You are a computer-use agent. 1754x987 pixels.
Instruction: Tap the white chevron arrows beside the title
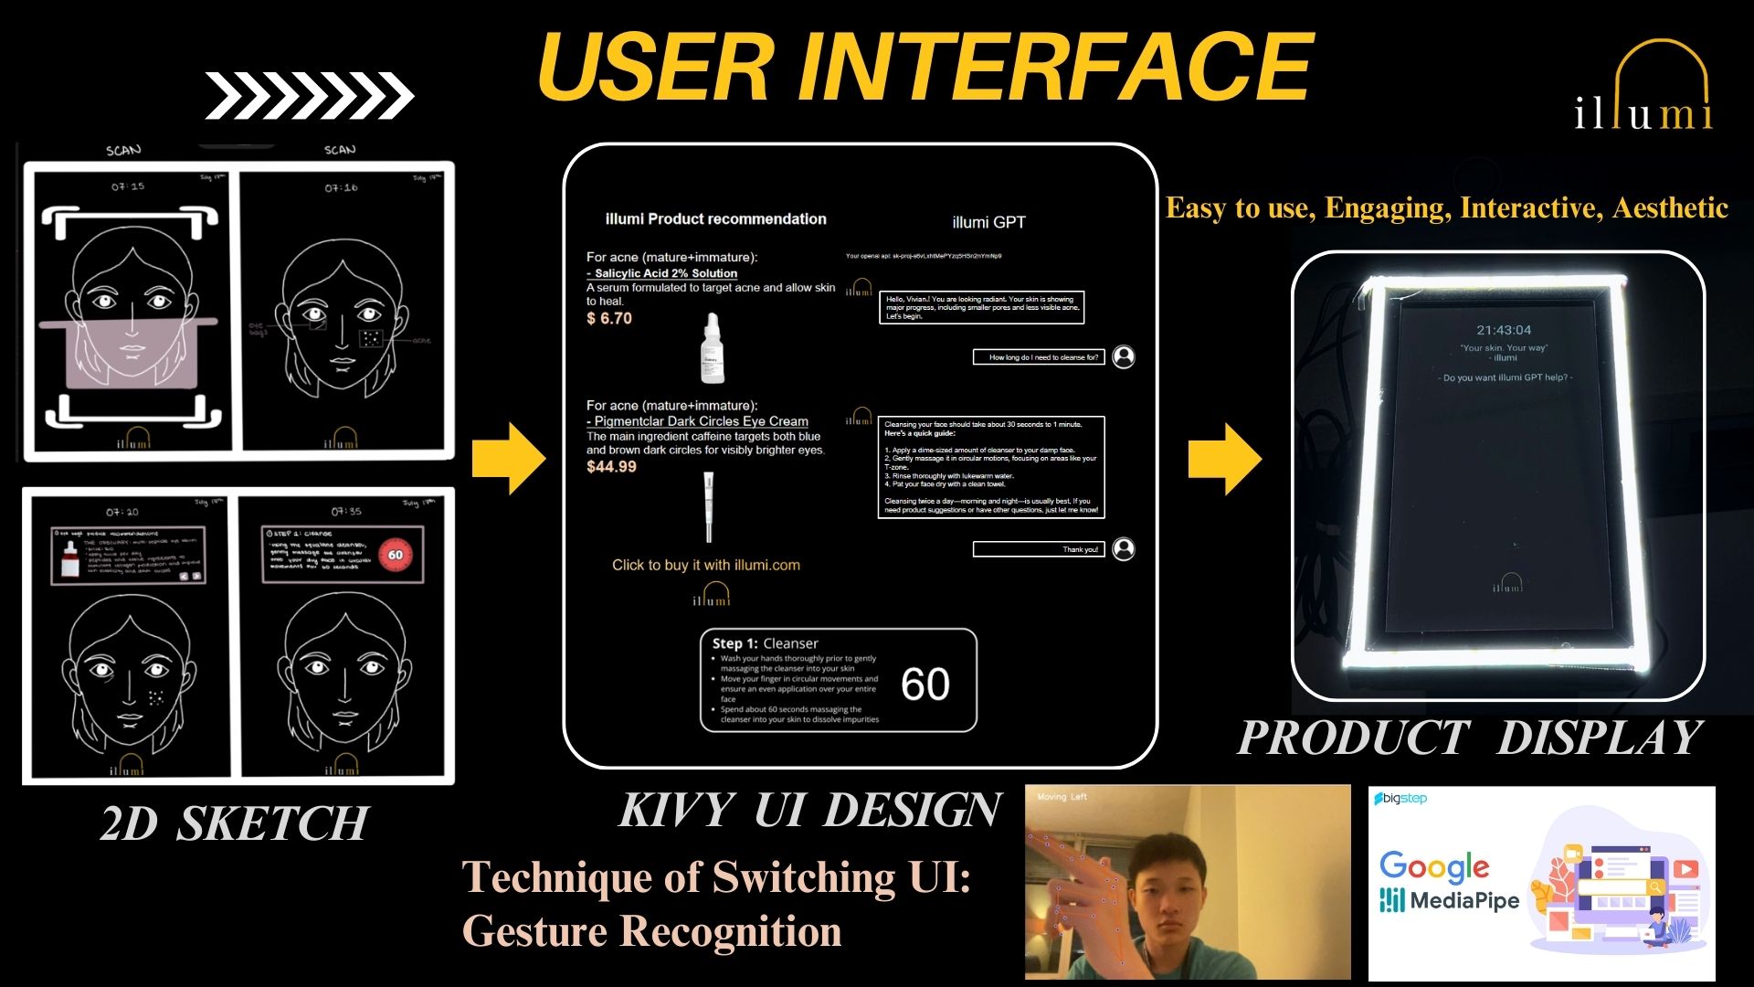point(309,95)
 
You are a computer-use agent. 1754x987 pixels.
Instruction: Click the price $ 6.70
point(609,318)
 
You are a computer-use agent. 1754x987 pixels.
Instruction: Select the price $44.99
point(611,466)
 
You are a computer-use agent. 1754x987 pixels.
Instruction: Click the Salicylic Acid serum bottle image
point(713,348)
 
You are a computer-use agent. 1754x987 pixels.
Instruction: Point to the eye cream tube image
point(708,507)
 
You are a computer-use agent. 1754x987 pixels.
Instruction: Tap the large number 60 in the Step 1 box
point(925,684)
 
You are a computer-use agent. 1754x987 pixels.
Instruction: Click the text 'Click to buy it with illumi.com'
point(705,565)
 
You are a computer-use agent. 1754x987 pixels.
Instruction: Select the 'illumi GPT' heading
point(988,222)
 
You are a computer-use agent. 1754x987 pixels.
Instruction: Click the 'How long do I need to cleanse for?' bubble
point(1040,357)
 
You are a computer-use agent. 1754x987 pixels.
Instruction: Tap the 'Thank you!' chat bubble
point(1039,549)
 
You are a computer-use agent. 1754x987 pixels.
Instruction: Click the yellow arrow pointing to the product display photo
point(1224,459)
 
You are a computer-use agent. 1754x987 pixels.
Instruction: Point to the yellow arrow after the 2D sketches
point(508,459)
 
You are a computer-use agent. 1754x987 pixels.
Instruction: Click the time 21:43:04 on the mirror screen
point(1504,330)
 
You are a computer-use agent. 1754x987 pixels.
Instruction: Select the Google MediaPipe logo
point(1449,881)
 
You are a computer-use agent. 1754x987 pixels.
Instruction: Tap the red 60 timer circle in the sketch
point(396,555)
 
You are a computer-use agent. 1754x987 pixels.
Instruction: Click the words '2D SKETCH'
point(235,822)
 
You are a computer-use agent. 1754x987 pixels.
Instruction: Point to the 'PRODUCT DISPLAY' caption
point(1470,738)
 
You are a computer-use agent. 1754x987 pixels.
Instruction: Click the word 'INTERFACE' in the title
point(1056,68)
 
